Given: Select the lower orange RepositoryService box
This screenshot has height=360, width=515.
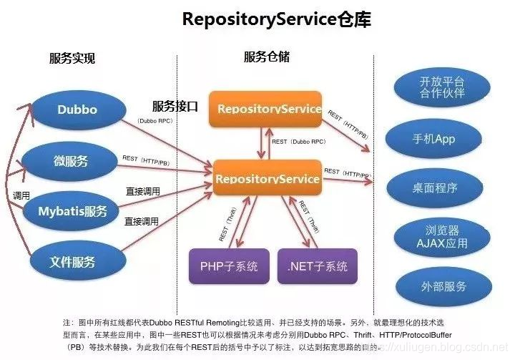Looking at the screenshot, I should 267,178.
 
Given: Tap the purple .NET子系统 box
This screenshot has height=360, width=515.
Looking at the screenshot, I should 318,266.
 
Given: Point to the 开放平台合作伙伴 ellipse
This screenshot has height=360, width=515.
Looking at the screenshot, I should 442,87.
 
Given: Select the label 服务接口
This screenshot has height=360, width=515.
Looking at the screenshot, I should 175,104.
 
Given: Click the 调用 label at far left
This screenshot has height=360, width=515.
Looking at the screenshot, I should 21,195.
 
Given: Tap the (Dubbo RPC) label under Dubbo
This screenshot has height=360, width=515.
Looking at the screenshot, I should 155,122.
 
